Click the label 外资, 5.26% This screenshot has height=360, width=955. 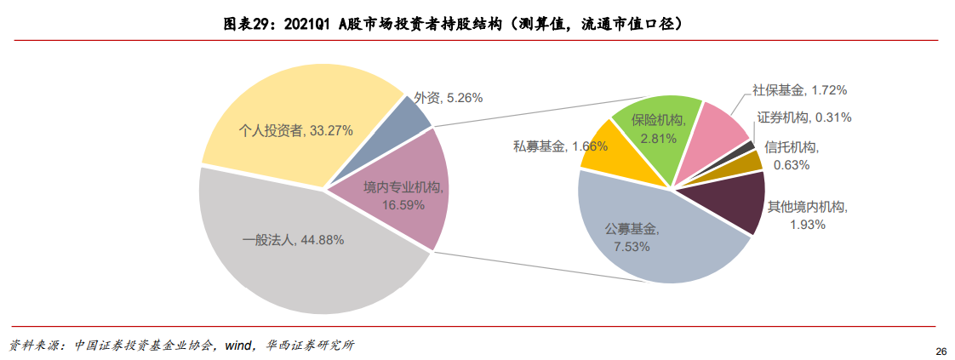[448, 98]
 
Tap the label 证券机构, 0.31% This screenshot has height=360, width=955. [803, 117]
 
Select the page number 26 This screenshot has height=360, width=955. [941, 351]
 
